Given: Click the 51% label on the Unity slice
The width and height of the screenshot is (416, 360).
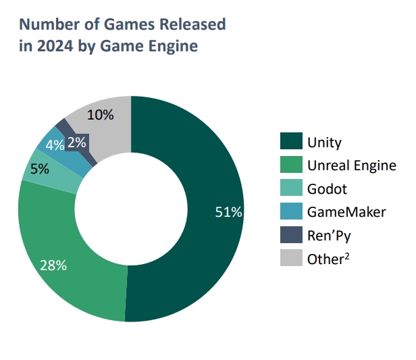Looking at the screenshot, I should coord(228,213).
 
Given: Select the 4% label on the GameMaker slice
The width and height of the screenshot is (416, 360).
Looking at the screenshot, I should coord(55,145).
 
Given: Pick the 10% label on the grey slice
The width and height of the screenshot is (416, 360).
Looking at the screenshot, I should coord(100,115).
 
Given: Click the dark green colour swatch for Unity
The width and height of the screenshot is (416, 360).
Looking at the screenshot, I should coord(290,142).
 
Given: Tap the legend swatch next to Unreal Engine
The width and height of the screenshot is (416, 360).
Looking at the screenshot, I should coord(290,165).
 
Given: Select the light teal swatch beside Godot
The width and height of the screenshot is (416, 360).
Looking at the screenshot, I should coord(290,188).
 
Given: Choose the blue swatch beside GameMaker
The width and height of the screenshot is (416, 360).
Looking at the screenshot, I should coord(290,211).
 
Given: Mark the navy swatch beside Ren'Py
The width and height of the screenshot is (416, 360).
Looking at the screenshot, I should coord(290,234).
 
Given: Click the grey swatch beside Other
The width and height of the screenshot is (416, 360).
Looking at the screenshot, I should coord(290,257).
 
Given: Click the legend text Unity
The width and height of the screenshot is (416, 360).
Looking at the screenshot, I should coord(325,143).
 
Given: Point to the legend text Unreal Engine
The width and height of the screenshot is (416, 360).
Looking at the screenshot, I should coord(352,165).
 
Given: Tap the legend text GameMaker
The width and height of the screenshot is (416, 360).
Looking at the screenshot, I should coord(346,212).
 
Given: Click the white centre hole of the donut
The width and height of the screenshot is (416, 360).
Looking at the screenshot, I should coord(130,209).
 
